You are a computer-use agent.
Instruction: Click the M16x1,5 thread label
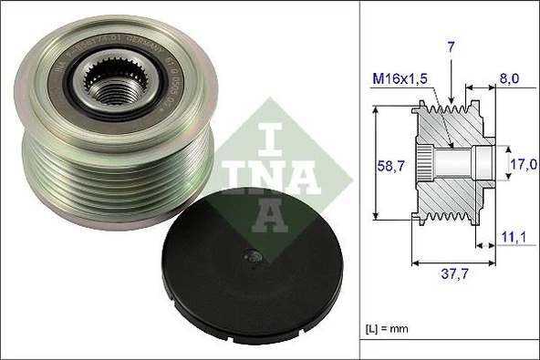(403, 79)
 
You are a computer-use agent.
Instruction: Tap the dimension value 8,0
(510, 79)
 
